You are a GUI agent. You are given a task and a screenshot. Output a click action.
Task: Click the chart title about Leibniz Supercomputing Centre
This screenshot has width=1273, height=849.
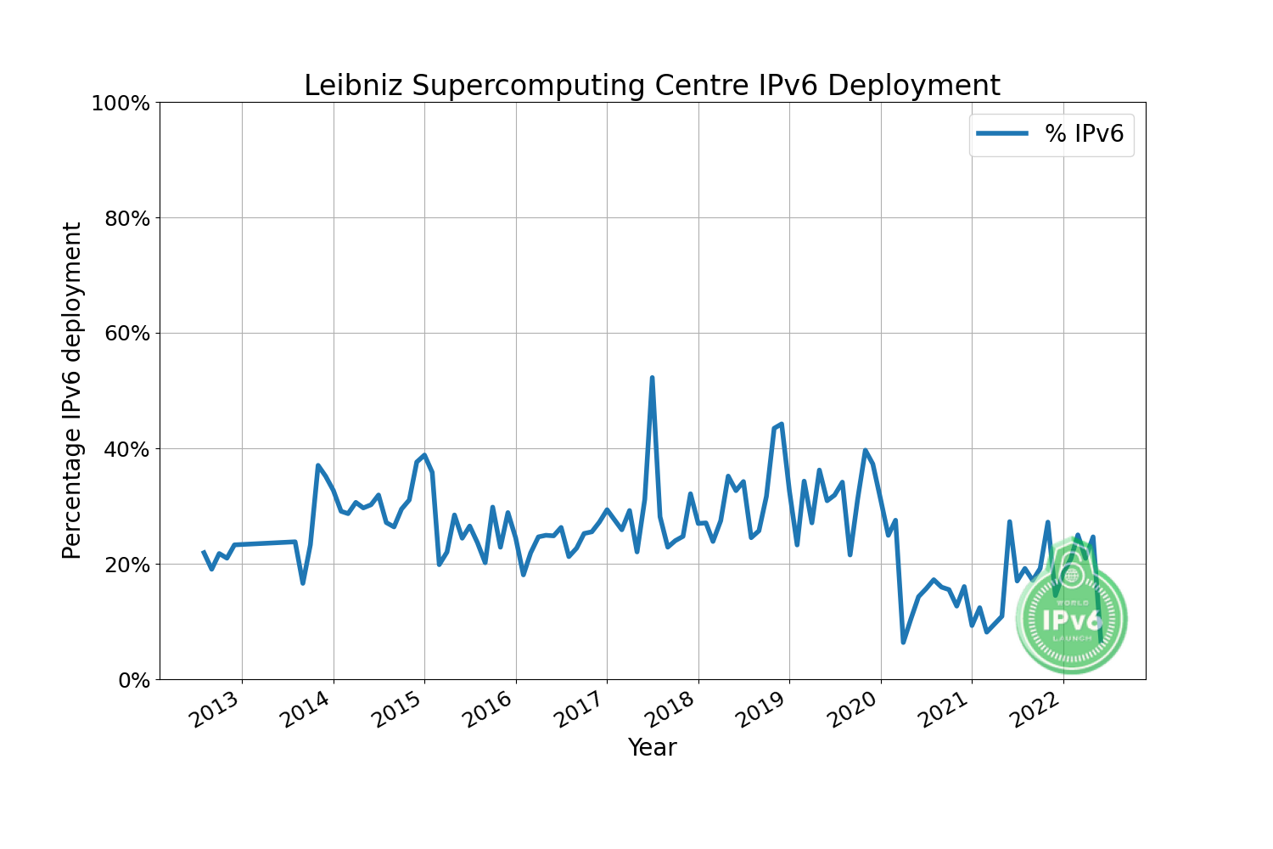[x=652, y=86]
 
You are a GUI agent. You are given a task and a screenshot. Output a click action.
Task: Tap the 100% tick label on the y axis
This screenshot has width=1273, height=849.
[x=121, y=104]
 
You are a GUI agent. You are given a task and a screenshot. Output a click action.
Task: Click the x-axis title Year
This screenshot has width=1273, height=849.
[x=652, y=748]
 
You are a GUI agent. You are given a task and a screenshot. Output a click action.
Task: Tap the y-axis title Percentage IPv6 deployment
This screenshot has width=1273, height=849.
[x=73, y=391]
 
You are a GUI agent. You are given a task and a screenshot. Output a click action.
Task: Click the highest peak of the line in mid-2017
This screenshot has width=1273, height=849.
[x=652, y=378]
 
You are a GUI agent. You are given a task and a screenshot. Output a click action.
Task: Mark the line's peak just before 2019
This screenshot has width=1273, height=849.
[x=781, y=424]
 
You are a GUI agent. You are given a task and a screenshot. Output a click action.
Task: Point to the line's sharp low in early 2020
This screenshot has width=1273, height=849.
[x=903, y=642]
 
